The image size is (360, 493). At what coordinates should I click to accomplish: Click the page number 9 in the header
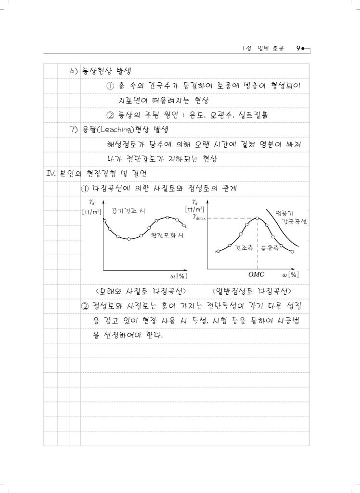[x=299, y=49]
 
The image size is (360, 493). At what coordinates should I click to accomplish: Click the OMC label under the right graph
[x=257, y=274]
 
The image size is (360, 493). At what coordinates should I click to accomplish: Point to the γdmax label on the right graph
[x=199, y=217]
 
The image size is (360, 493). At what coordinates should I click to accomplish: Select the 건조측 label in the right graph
[x=244, y=247]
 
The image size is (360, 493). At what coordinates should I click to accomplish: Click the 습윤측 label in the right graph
[x=270, y=247]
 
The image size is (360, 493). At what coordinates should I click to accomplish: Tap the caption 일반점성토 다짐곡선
[x=254, y=292]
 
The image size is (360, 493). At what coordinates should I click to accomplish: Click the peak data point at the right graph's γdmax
[x=257, y=218]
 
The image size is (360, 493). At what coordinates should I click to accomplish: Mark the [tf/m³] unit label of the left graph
[x=92, y=211]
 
